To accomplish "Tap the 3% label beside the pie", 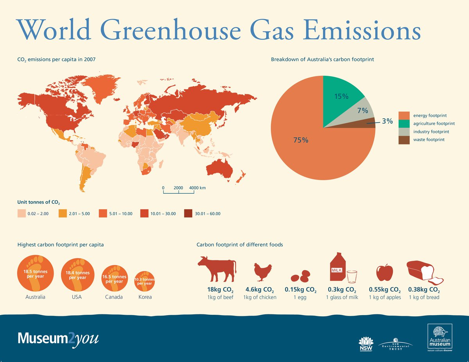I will tap(387, 121).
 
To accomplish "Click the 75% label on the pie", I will tap(301, 140).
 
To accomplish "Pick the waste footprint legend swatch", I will tap(404, 140).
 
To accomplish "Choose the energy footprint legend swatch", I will tap(404, 116).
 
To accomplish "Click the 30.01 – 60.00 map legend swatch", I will tap(188, 214).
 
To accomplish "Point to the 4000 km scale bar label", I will tap(197, 188).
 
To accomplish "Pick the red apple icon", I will tap(385, 272).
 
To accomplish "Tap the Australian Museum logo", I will tap(440, 338).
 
